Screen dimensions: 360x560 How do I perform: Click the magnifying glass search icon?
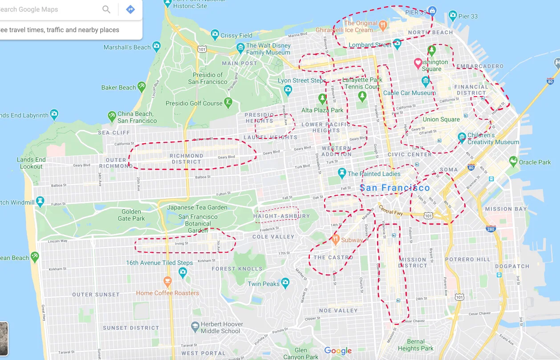tap(106, 9)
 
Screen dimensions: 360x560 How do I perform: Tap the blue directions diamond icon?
tap(130, 9)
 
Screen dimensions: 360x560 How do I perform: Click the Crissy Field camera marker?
tap(215, 34)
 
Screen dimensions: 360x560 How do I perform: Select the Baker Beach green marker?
tap(142, 86)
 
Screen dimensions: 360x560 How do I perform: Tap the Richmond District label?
tap(187, 159)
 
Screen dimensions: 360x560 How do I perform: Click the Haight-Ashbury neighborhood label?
tap(281, 216)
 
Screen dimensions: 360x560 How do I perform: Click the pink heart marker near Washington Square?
tap(418, 63)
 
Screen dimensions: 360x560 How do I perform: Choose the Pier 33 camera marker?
tap(453, 16)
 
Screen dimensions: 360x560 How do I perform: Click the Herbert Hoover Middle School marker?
tap(195, 327)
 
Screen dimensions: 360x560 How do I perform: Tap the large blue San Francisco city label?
tap(395, 188)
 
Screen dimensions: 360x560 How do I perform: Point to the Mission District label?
tap(413, 263)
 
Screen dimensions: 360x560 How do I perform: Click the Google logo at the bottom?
tap(338, 351)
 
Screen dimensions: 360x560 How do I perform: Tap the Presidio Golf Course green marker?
tap(228, 103)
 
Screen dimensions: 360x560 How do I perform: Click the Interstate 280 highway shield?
tap(491, 229)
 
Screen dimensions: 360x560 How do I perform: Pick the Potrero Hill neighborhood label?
tap(467, 259)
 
